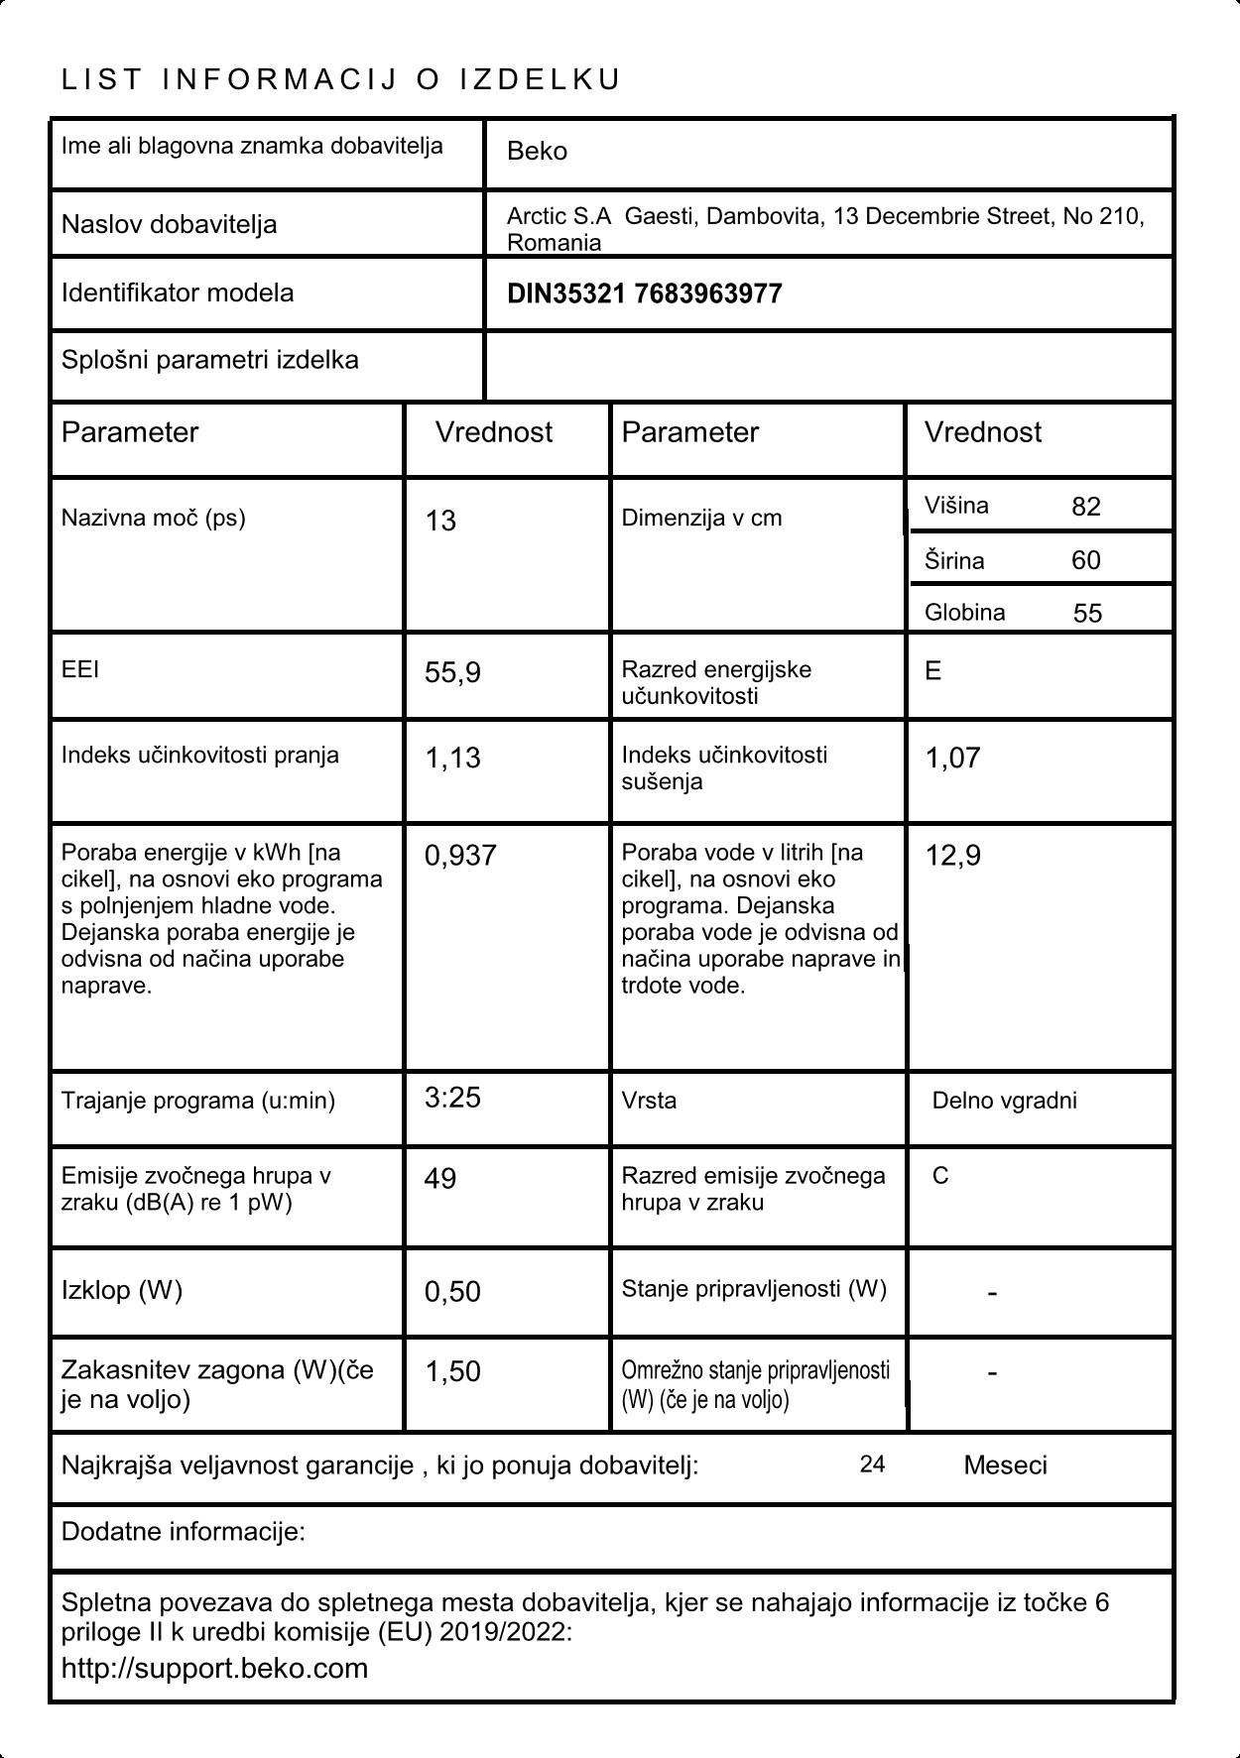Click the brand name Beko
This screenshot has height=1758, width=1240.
point(537,152)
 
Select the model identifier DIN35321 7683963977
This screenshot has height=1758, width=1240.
point(644,294)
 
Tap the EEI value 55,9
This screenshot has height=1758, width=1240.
point(452,673)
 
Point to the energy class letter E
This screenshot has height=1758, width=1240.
point(933,671)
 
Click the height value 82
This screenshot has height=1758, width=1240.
point(1086,507)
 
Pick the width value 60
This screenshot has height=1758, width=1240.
point(1086,560)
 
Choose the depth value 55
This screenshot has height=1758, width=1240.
point(1087,613)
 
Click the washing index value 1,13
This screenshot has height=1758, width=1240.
point(452,759)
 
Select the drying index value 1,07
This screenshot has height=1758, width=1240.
point(952,759)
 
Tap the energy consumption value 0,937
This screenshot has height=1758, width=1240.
point(460,856)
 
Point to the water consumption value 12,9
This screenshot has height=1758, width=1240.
point(952,856)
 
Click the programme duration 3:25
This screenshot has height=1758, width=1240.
point(452,1098)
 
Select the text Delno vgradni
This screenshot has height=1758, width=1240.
point(1004,1101)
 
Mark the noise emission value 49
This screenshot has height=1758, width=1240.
point(440,1179)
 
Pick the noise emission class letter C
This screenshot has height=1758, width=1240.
point(940,1176)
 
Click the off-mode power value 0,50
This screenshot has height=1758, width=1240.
point(452,1292)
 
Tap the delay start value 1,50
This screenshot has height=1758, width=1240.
point(452,1372)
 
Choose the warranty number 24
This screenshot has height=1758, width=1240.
point(872,1465)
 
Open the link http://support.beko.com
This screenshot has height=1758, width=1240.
point(214,1669)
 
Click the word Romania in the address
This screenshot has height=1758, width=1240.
point(554,243)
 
